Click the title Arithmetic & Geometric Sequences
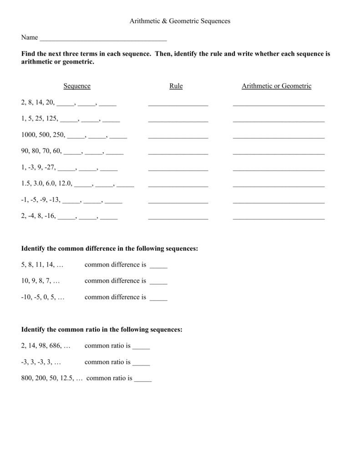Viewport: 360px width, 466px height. click(x=180, y=21)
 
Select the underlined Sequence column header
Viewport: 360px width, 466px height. click(x=77, y=86)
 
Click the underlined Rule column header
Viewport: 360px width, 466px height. click(x=176, y=86)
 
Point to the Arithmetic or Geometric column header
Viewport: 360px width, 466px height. click(x=277, y=86)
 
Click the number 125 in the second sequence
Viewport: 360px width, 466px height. click(x=51, y=118)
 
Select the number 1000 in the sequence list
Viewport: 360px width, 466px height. click(x=28, y=135)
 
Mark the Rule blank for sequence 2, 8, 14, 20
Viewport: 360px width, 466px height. click(x=178, y=105)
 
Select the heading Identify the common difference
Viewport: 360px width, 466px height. click(x=110, y=248)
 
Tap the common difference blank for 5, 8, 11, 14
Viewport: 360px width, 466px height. click(x=158, y=267)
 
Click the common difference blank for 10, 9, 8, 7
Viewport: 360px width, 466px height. click(x=158, y=284)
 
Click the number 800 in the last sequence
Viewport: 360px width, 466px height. click(x=27, y=379)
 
